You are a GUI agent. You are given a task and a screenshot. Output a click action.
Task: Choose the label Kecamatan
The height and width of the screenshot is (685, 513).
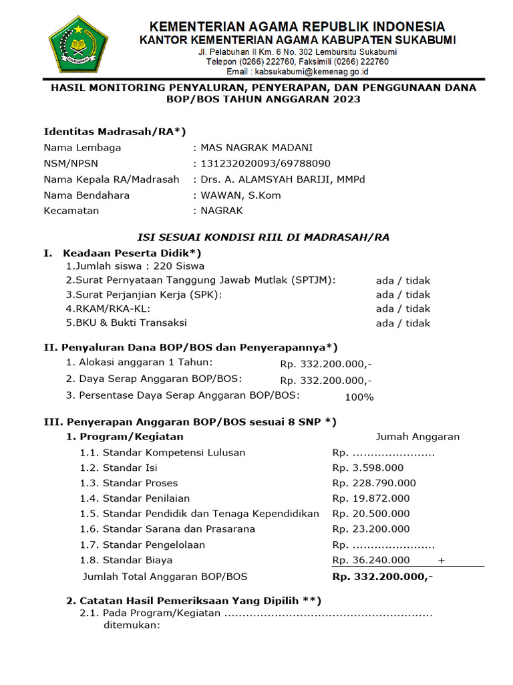[x=71, y=211]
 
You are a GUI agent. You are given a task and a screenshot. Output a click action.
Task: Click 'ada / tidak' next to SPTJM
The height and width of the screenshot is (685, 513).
[x=403, y=280]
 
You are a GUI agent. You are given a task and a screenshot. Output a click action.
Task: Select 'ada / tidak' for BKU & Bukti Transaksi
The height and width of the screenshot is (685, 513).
[x=403, y=323]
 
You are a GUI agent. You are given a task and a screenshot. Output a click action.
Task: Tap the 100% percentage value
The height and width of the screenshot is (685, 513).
[x=359, y=397]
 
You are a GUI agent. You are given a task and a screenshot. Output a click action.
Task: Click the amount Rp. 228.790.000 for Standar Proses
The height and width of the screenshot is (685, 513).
[x=374, y=483]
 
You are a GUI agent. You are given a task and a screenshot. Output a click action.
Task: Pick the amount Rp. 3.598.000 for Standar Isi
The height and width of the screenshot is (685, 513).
[x=368, y=468]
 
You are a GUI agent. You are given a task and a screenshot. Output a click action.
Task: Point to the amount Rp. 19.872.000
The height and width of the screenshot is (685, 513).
[x=371, y=498]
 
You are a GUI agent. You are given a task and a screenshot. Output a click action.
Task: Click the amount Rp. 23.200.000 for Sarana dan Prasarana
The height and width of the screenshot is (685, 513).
[x=371, y=529]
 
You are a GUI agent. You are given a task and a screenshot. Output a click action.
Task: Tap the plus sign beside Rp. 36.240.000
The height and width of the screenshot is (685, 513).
[x=442, y=560]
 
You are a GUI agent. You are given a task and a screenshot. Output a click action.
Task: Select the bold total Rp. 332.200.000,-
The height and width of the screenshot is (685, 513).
[x=382, y=577]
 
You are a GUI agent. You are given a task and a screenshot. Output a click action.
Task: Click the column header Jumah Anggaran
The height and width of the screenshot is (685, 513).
[x=417, y=437]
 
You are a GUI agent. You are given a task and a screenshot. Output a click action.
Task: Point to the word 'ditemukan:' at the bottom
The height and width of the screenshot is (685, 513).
[x=132, y=626]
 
